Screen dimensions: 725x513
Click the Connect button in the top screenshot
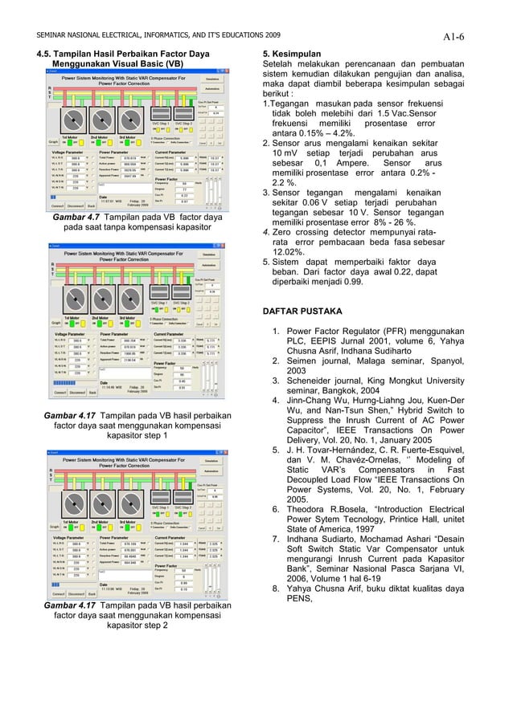[58, 205]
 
